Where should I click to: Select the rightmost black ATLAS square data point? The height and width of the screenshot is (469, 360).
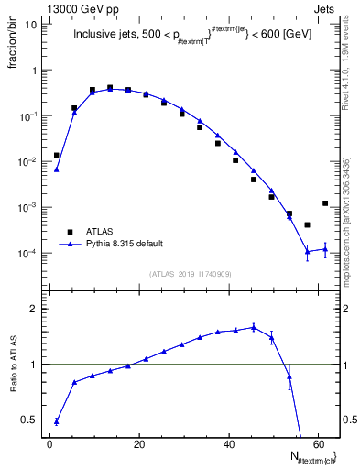[325, 203]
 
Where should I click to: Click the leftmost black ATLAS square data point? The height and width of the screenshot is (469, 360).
[57, 156]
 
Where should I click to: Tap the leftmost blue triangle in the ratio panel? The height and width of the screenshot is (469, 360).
[57, 421]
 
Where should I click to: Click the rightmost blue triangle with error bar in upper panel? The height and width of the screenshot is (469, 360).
[325, 248]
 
